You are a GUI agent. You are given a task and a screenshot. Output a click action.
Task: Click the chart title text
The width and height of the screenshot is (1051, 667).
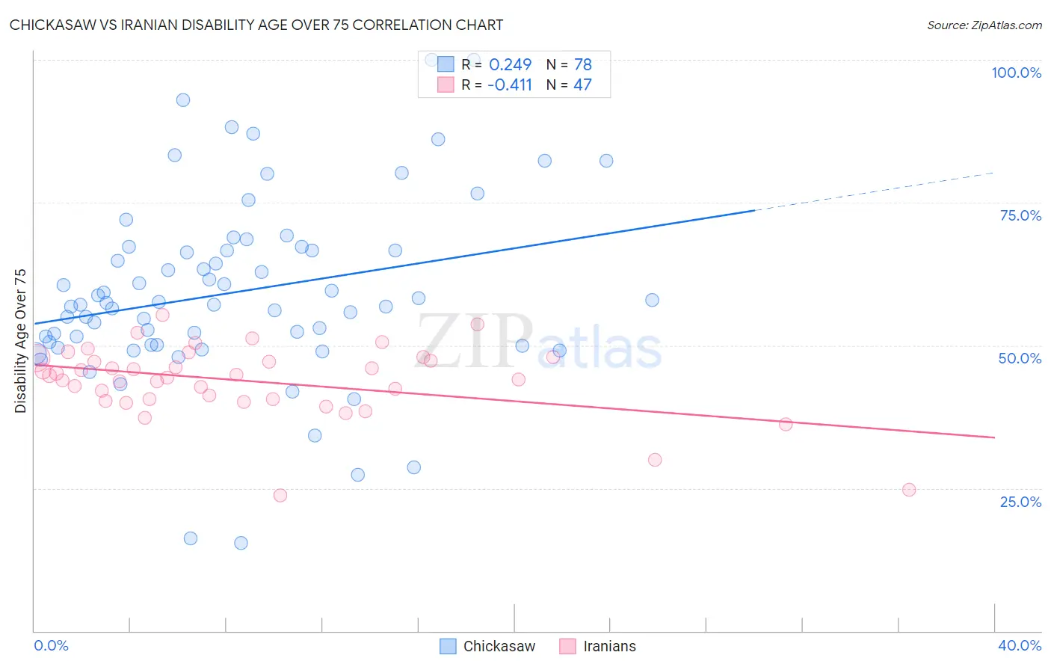(x=256, y=25)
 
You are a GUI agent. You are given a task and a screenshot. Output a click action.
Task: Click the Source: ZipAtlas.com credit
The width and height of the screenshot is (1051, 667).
(x=984, y=25)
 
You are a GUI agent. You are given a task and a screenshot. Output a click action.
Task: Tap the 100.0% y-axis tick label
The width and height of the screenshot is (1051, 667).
(x=1016, y=73)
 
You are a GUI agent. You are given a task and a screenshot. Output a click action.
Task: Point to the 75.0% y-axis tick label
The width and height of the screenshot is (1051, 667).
(x=1020, y=215)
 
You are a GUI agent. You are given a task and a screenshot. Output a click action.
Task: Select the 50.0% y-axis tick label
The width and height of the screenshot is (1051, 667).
(x=1020, y=358)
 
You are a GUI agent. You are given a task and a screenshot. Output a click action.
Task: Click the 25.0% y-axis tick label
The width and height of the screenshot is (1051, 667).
(x=1020, y=501)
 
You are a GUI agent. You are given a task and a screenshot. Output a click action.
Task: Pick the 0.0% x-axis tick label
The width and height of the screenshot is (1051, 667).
(x=51, y=645)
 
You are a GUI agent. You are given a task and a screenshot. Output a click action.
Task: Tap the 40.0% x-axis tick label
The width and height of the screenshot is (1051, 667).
(x=1019, y=645)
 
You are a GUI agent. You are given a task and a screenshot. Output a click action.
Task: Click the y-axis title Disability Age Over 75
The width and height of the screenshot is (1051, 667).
(x=20, y=340)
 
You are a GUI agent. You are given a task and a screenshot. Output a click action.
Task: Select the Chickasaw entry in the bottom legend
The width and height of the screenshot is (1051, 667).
(x=499, y=646)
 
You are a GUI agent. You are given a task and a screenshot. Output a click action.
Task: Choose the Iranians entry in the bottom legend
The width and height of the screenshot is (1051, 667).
(x=609, y=646)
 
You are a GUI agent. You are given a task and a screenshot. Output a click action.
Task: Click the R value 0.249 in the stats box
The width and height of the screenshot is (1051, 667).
(x=510, y=65)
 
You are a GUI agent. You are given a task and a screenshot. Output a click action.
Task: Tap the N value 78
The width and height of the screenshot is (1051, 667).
(x=582, y=65)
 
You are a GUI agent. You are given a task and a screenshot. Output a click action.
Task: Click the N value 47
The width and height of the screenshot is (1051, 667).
(x=582, y=85)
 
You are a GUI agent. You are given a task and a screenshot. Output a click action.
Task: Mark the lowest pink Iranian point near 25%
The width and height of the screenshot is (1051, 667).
(x=280, y=495)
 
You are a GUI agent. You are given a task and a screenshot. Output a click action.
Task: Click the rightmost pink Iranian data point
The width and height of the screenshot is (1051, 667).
(x=909, y=490)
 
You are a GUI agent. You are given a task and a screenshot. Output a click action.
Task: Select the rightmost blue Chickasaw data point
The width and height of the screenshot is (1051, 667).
(x=652, y=300)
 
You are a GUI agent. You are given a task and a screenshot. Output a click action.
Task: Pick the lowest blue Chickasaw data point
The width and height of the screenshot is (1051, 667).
(x=241, y=543)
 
